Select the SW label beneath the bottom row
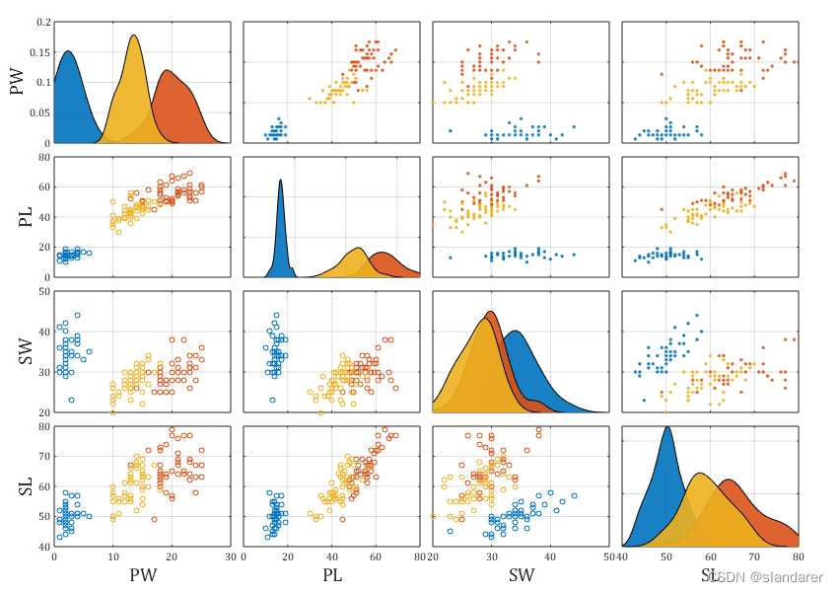pyautogui.click(x=521, y=573)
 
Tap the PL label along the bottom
pyautogui.click(x=331, y=573)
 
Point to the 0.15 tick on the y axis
pyautogui.click(x=38, y=52)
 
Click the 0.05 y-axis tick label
pyautogui.click(x=38, y=113)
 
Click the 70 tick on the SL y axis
pyautogui.click(x=44, y=458)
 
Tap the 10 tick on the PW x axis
pyautogui.click(x=112, y=555)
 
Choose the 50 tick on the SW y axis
pyautogui.click(x=44, y=292)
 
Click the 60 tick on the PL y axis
pyautogui.click(x=44, y=186)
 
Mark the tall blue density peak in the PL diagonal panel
pyautogui.click(x=281, y=181)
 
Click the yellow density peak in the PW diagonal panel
pyautogui.click(x=133, y=37)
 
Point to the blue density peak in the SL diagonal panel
pyautogui.click(x=667, y=428)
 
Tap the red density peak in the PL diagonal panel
pyautogui.click(x=383, y=255)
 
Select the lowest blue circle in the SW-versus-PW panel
pyautogui.click(x=71, y=400)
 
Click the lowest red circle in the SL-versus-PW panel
pyautogui.click(x=154, y=519)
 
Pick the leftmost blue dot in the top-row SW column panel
pyautogui.click(x=451, y=130)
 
